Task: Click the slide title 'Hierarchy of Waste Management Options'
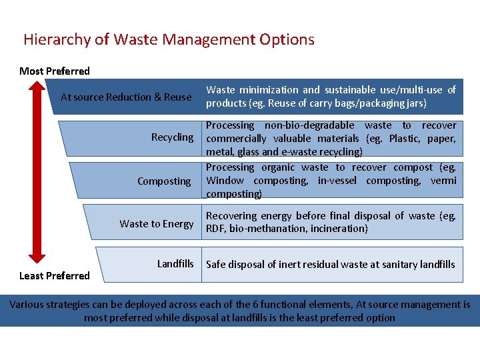click(x=169, y=39)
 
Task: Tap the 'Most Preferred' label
click(x=55, y=71)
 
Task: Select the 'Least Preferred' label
click(x=55, y=276)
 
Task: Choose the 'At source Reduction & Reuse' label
click(x=126, y=97)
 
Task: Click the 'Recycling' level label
click(x=172, y=137)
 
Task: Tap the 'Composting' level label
click(x=164, y=181)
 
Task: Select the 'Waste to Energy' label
click(x=157, y=224)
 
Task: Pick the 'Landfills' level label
click(x=175, y=264)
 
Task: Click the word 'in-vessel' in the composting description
click(x=339, y=181)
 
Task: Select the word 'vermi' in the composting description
click(x=443, y=181)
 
